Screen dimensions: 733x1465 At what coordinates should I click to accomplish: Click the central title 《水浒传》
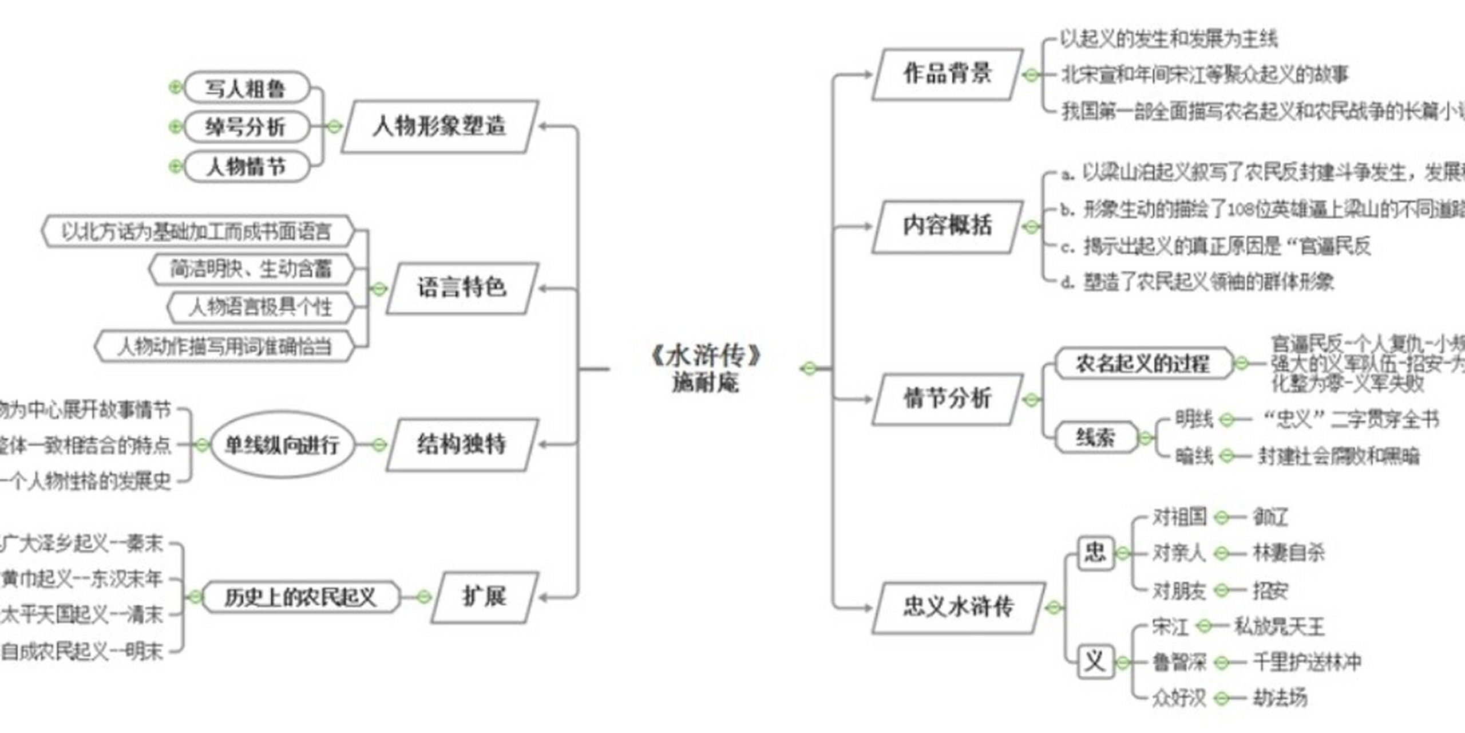coord(706,356)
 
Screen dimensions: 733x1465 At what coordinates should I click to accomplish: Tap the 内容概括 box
coord(948,226)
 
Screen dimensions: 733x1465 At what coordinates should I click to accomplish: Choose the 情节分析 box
coord(948,399)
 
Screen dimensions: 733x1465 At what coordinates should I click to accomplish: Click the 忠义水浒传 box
coord(958,608)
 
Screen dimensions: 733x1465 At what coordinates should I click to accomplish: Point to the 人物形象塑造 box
coord(439,127)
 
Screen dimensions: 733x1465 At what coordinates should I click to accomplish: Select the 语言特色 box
coord(462,288)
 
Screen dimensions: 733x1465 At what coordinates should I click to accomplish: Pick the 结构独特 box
coord(462,445)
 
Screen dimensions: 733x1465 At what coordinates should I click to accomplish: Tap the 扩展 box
coord(485,597)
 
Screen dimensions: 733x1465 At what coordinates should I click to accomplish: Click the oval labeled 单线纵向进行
coord(282,445)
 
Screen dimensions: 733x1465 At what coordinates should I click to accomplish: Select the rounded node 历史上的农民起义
coord(300,597)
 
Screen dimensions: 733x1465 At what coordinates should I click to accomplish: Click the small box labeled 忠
coord(1095,553)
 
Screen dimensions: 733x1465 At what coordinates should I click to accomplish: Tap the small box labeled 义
coord(1095,663)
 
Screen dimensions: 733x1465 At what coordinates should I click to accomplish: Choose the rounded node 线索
coord(1095,438)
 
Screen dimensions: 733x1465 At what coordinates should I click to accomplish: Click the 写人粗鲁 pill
coord(246,88)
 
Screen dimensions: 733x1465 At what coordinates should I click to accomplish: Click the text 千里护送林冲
coord(1307,663)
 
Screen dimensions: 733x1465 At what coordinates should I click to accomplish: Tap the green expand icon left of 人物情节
coord(176,167)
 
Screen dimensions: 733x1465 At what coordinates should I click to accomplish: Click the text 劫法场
coord(1280,698)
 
